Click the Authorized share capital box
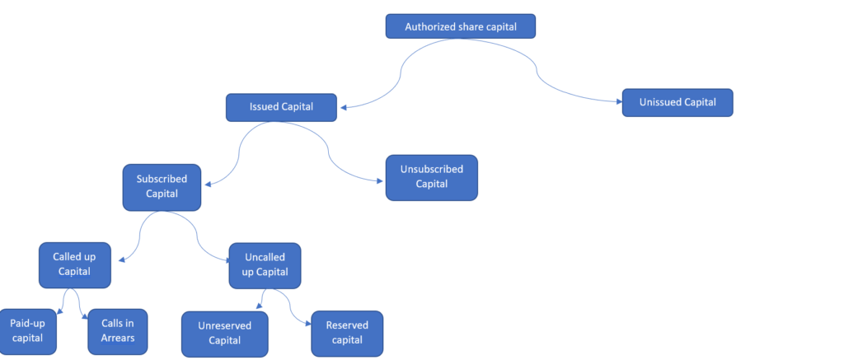[460, 26]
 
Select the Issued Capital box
[281, 107]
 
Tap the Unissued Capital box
[678, 102]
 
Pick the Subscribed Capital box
[162, 187]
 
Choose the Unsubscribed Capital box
[431, 177]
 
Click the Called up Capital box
[74, 264]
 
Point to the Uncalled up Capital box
[265, 265]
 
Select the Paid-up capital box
[27, 331]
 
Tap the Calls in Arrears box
[117, 331]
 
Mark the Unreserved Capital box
[224, 334]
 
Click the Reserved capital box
[347, 333]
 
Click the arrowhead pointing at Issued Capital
[343, 108]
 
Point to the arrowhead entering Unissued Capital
[617, 101]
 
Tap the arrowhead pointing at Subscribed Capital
[208, 185]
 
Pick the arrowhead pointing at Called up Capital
[122, 260]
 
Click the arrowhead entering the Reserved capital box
[307, 324]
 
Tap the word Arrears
[117, 338]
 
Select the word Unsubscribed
[431, 170]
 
